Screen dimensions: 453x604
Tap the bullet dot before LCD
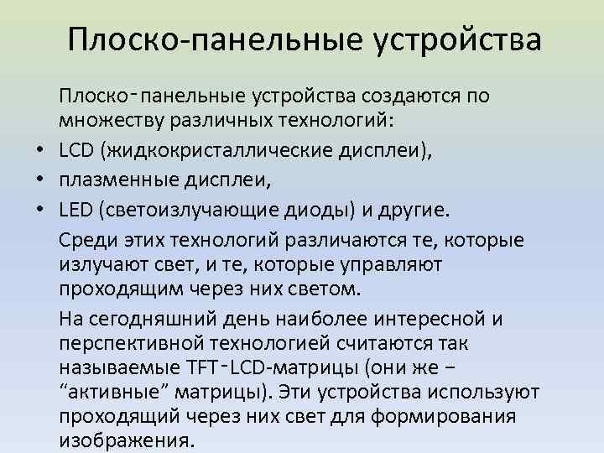pyautogui.click(x=40, y=150)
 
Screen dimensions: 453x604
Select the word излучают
pyautogui.click(x=97, y=265)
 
